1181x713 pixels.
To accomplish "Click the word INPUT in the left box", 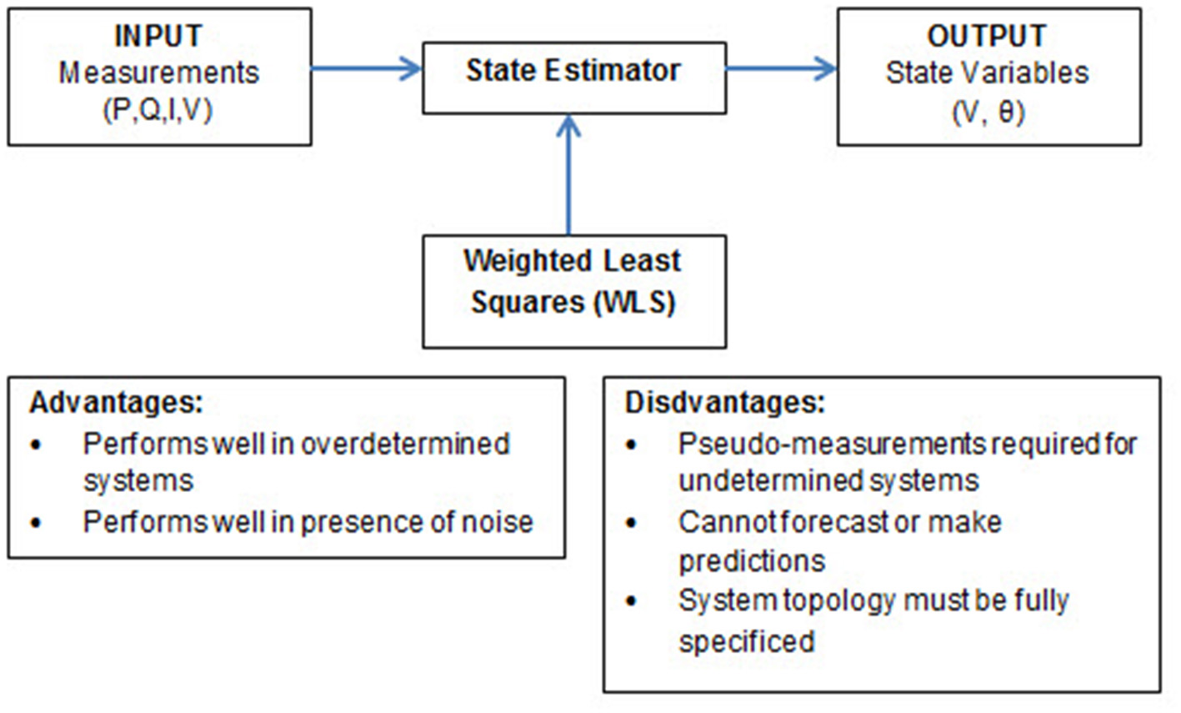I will tap(158, 37).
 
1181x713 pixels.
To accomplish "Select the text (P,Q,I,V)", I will tap(158, 110).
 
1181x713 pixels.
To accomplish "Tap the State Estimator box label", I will tap(573, 71).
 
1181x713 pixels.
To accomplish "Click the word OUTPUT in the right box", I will tap(987, 37).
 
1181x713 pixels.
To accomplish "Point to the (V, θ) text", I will tap(988, 111).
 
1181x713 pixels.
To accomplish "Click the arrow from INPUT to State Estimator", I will tap(367, 69).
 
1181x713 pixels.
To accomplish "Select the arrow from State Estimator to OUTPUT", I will tap(781, 69).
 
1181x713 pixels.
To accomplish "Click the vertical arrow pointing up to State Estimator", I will tap(569, 175).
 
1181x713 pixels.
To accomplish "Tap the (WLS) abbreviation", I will tap(634, 302).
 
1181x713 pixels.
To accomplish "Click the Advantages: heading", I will tap(117, 403).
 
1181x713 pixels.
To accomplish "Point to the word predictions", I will tap(752, 561).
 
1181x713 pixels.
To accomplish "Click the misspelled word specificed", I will tap(746, 640).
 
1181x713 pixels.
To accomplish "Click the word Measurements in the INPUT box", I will tap(158, 73).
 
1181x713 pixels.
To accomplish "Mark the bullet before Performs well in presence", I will tap(36, 523).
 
